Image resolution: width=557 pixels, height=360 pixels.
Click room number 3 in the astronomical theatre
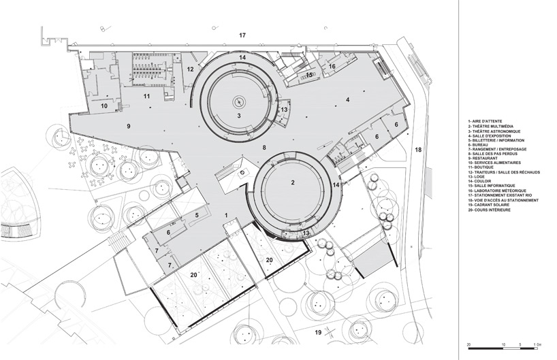click(x=238, y=116)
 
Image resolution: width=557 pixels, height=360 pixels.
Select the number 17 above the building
click(x=242, y=34)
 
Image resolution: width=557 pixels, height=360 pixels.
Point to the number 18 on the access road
click(x=418, y=148)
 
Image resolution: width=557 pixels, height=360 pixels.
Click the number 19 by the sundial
click(x=318, y=332)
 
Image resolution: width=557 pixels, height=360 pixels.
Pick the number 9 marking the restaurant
click(x=127, y=126)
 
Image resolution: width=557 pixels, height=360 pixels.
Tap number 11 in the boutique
click(x=146, y=97)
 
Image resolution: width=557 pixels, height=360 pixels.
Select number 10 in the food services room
click(x=105, y=106)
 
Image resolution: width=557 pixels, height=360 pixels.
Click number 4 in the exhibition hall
click(x=347, y=100)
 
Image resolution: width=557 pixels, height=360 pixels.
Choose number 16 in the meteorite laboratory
click(x=332, y=67)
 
